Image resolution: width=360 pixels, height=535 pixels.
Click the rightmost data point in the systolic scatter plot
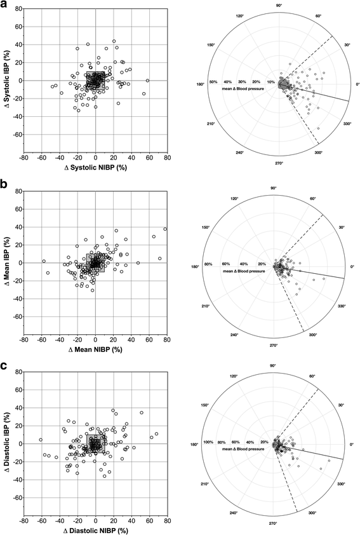148,81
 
